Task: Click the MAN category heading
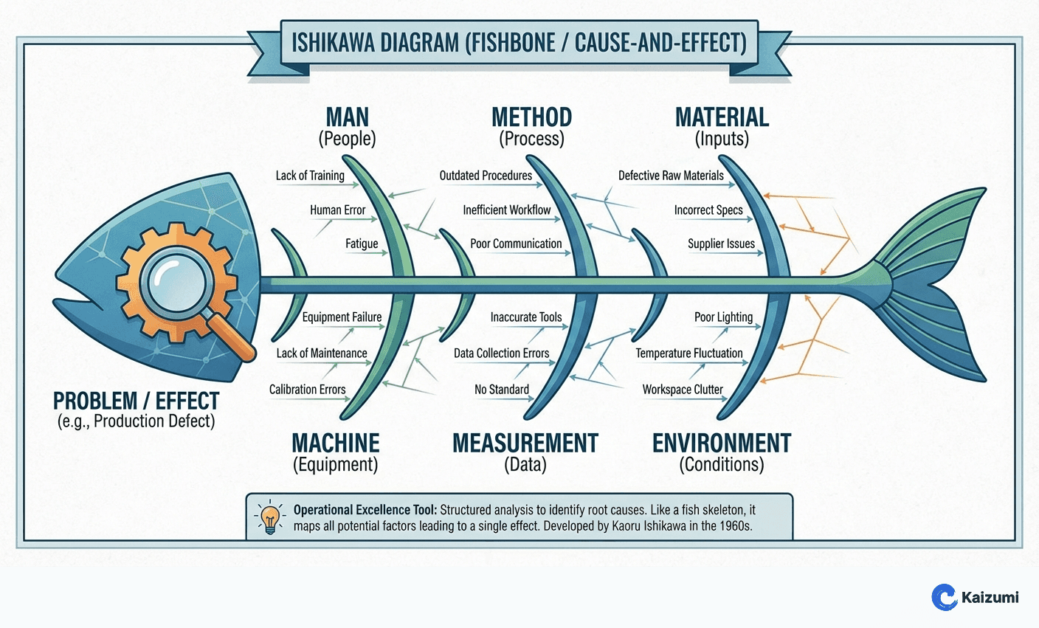(347, 117)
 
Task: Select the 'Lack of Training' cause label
(310, 176)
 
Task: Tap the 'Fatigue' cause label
(362, 244)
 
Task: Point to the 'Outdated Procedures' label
(486, 176)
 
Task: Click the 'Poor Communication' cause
(516, 244)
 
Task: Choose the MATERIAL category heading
(722, 117)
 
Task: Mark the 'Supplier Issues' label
(721, 244)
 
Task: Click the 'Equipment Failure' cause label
(342, 317)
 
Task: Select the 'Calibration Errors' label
(307, 390)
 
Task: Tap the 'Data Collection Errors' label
(501, 353)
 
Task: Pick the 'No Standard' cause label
(501, 390)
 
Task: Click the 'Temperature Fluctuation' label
(689, 353)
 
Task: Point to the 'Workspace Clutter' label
(683, 390)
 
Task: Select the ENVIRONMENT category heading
(721, 444)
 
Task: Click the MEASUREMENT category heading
(525, 444)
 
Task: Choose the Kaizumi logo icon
(944, 597)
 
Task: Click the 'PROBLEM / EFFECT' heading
(136, 401)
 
